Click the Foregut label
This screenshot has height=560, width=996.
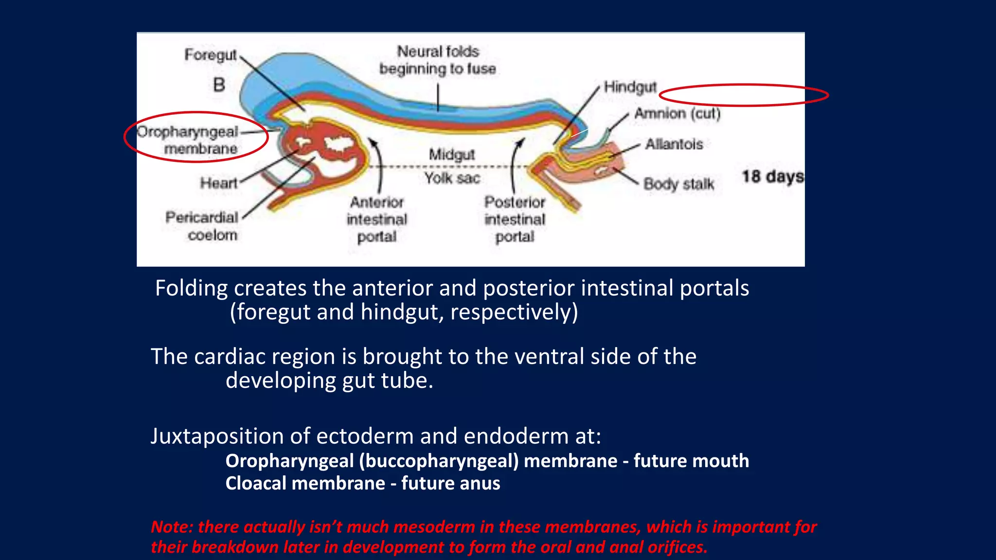click(210, 55)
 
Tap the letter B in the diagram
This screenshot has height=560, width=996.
click(219, 85)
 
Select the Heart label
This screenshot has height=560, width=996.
click(218, 183)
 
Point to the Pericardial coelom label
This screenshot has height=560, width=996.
click(202, 226)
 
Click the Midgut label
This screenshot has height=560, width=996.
click(451, 155)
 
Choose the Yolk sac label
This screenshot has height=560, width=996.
click(452, 178)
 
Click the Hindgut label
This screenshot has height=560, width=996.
click(630, 87)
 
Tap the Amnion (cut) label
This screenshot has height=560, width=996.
click(677, 114)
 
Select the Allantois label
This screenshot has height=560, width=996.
click(674, 144)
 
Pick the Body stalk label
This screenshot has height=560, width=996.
click(678, 184)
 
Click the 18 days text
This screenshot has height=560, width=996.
click(772, 176)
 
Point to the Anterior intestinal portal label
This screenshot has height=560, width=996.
click(377, 219)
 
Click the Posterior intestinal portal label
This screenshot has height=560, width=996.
click(515, 219)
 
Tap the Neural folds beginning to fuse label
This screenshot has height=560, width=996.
click(438, 60)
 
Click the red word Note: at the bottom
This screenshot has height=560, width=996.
click(172, 527)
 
